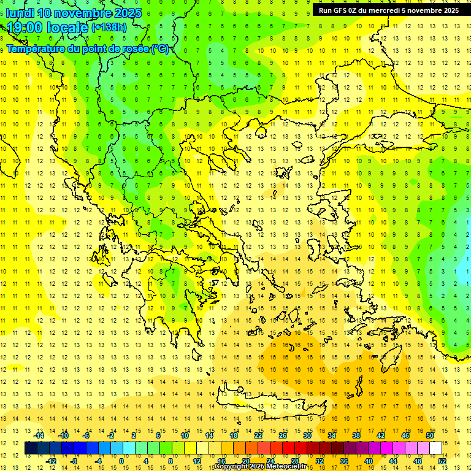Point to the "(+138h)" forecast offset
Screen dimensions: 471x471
[x=109, y=28]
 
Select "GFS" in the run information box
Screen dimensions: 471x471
[x=342, y=10]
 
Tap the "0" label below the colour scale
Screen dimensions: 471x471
[x=121, y=461]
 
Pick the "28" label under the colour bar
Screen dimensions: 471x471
[x=294, y=461]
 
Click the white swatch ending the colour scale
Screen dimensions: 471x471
[x=436, y=448]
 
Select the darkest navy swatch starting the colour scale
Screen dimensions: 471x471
[x=31, y=448]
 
